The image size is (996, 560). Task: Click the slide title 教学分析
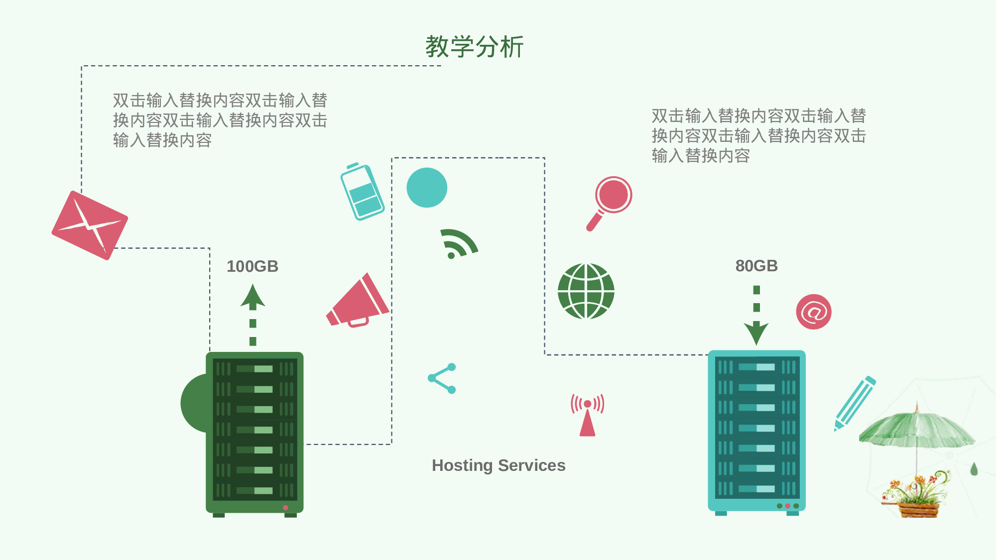[x=474, y=47]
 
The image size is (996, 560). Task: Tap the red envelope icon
[x=90, y=225]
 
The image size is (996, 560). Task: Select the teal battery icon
[x=362, y=192]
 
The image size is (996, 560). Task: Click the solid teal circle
[x=427, y=188]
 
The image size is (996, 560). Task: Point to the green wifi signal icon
[x=458, y=244]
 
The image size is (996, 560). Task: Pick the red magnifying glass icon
[x=610, y=202]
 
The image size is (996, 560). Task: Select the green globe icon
[x=586, y=291]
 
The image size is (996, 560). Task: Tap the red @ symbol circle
[x=813, y=312]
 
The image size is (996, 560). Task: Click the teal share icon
[x=442, y=378]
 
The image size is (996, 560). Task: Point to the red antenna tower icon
[x=588, y=415]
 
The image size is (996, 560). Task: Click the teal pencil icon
[x=855, y=403]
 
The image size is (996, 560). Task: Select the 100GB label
[x=252, y=266]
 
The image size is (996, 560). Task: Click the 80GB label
[x=756, y=266]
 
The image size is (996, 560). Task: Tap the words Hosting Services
[x=498, y=465]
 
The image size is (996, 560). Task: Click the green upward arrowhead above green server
[x=253, y=296]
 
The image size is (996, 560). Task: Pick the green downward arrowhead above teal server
[x=756, y=333]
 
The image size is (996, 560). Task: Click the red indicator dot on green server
[x=285, y=508]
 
